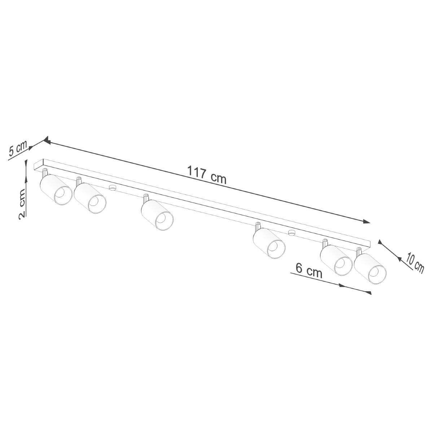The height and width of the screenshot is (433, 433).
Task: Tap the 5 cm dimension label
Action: coord(18,148)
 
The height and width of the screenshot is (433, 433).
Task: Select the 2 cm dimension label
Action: coord(22,204)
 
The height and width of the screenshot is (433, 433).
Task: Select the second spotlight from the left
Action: coord(90,198)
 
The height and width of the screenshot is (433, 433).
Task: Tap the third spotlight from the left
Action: coord(157,215)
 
